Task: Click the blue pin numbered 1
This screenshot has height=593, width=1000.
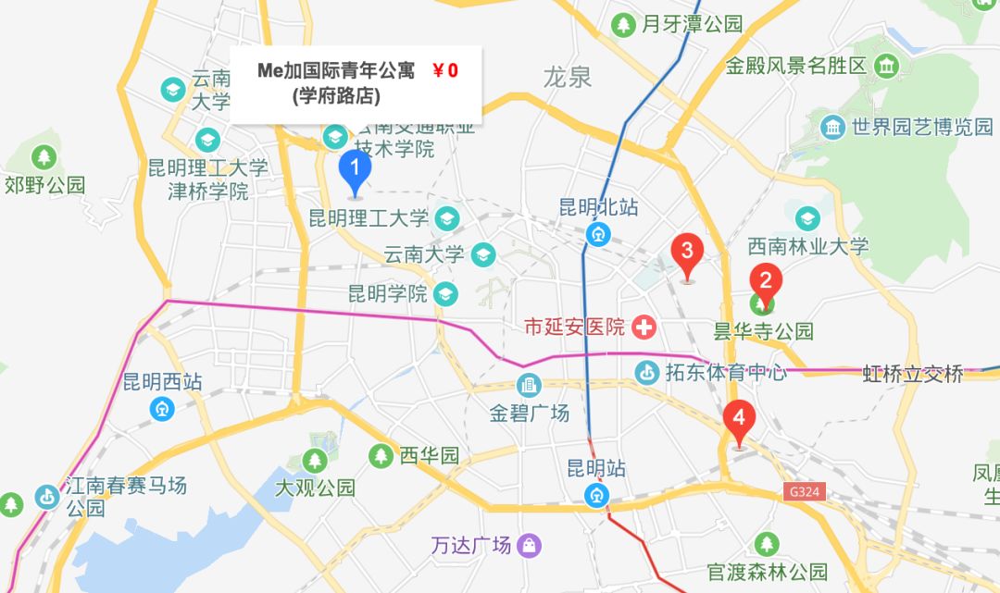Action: click(x=355, y=169)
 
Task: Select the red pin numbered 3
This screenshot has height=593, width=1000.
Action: click(x=687, y=251)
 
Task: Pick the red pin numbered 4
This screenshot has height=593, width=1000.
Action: click(x=739, y=417)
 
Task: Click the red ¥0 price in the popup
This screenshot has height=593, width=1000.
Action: click(x=445, y=70)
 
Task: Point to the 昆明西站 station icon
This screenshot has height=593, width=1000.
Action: click(x=163, y=406)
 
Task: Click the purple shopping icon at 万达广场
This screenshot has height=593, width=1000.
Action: click(x=530, y=545)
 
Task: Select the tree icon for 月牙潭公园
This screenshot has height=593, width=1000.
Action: click(x=625, y=23)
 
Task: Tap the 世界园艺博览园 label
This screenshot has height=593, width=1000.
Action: click(x=922, y=126)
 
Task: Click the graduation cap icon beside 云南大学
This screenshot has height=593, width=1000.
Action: click(x=482, y=253)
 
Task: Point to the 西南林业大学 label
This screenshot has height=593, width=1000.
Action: click(x=808, y=246)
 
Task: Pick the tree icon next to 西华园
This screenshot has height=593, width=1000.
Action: click(x=381, y=455)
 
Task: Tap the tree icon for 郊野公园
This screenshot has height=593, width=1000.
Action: click(x=44, y=157)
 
